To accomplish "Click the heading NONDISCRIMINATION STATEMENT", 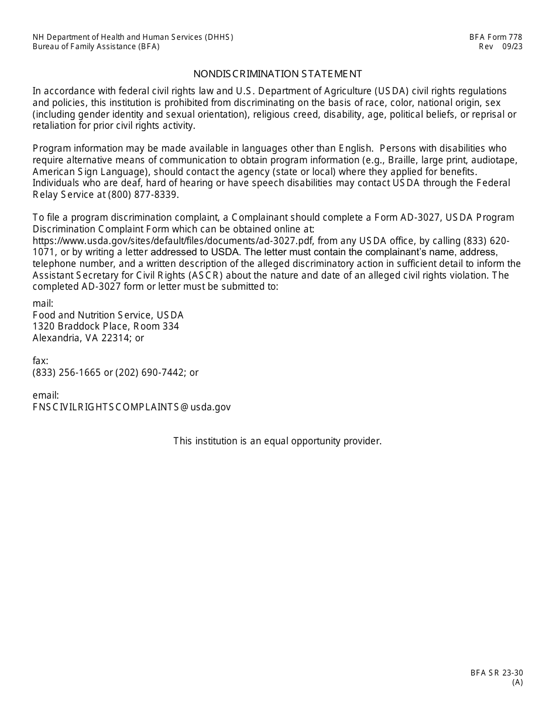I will [277, 74].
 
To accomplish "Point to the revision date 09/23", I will [512, 47].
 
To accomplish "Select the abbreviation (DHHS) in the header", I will [219, 37].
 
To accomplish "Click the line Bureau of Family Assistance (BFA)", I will [96, 47].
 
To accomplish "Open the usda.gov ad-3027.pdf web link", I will [173, 241].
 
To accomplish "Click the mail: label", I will [43, 303].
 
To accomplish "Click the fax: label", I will [40, 361].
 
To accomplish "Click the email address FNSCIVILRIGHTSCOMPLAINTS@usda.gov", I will [132, 407].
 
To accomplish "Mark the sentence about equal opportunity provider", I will [277, 441].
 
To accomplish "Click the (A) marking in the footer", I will [517, 682].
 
